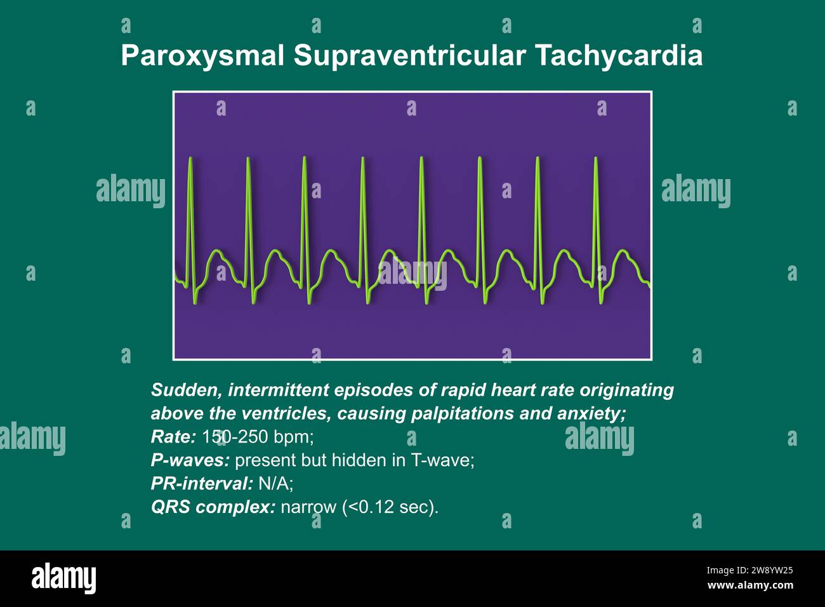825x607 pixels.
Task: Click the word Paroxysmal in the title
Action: point(202,56)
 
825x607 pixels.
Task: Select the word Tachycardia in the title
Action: point(619,56)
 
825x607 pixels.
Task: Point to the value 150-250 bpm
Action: point(258,437)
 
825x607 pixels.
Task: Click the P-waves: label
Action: point(190,460)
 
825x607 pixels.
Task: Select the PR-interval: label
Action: point(202,484)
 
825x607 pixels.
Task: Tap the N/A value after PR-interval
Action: point(275,484)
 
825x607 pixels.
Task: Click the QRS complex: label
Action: point(213,507)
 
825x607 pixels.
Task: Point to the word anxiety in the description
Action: point(591,413)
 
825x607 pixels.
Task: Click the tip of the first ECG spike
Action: point(191,157)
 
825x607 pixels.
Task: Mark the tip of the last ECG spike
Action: point(596,158)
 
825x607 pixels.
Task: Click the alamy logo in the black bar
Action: point(64,578)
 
